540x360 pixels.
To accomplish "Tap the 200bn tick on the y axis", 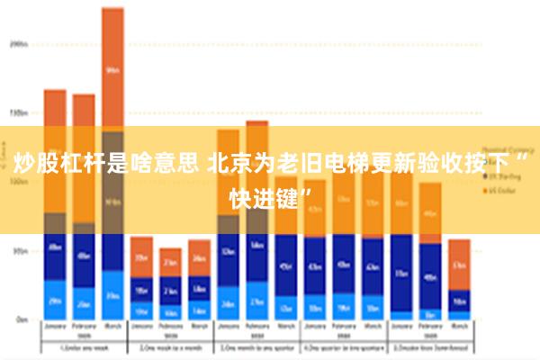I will click(x=19, y=42).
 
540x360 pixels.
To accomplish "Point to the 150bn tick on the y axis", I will click(x=19, y=112).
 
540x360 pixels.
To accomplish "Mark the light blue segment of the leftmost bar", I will click(x=55, y=300).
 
